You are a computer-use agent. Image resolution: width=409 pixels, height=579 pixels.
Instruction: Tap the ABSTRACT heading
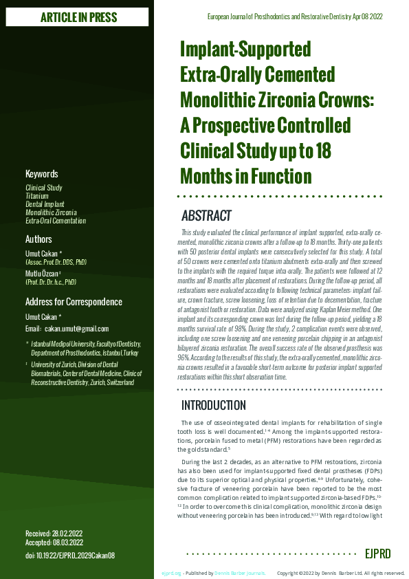pos(206,216)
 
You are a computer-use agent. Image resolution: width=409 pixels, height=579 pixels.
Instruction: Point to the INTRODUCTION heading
pos(213,405)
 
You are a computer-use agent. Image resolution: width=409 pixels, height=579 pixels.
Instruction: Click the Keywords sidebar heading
pos(42,174)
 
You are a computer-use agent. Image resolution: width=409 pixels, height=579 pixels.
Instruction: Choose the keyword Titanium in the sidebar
pos(37,196)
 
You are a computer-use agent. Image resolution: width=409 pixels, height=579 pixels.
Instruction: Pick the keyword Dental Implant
pos(45,204)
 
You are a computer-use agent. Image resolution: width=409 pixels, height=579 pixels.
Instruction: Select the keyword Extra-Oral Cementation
pos(56,221)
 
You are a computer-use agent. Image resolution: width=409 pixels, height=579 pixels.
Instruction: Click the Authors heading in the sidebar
pos(38,239)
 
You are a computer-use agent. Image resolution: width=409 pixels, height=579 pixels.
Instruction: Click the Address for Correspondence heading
pos(74,302)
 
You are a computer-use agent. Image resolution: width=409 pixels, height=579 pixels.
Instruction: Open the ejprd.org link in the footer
pos(171,573)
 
